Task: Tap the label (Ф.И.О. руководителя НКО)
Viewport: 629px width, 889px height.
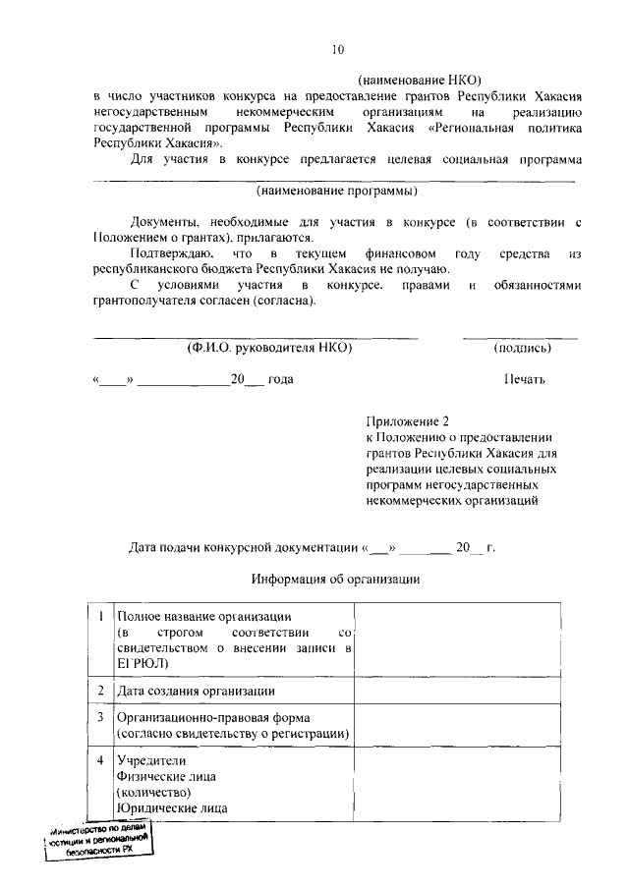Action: (269, 348)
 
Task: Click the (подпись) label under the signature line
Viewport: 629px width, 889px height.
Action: (521, 348)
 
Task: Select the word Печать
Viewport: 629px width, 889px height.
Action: (523, 379)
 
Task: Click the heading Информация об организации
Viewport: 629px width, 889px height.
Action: (336, 579)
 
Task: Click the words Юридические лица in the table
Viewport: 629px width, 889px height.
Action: (172, 808)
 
